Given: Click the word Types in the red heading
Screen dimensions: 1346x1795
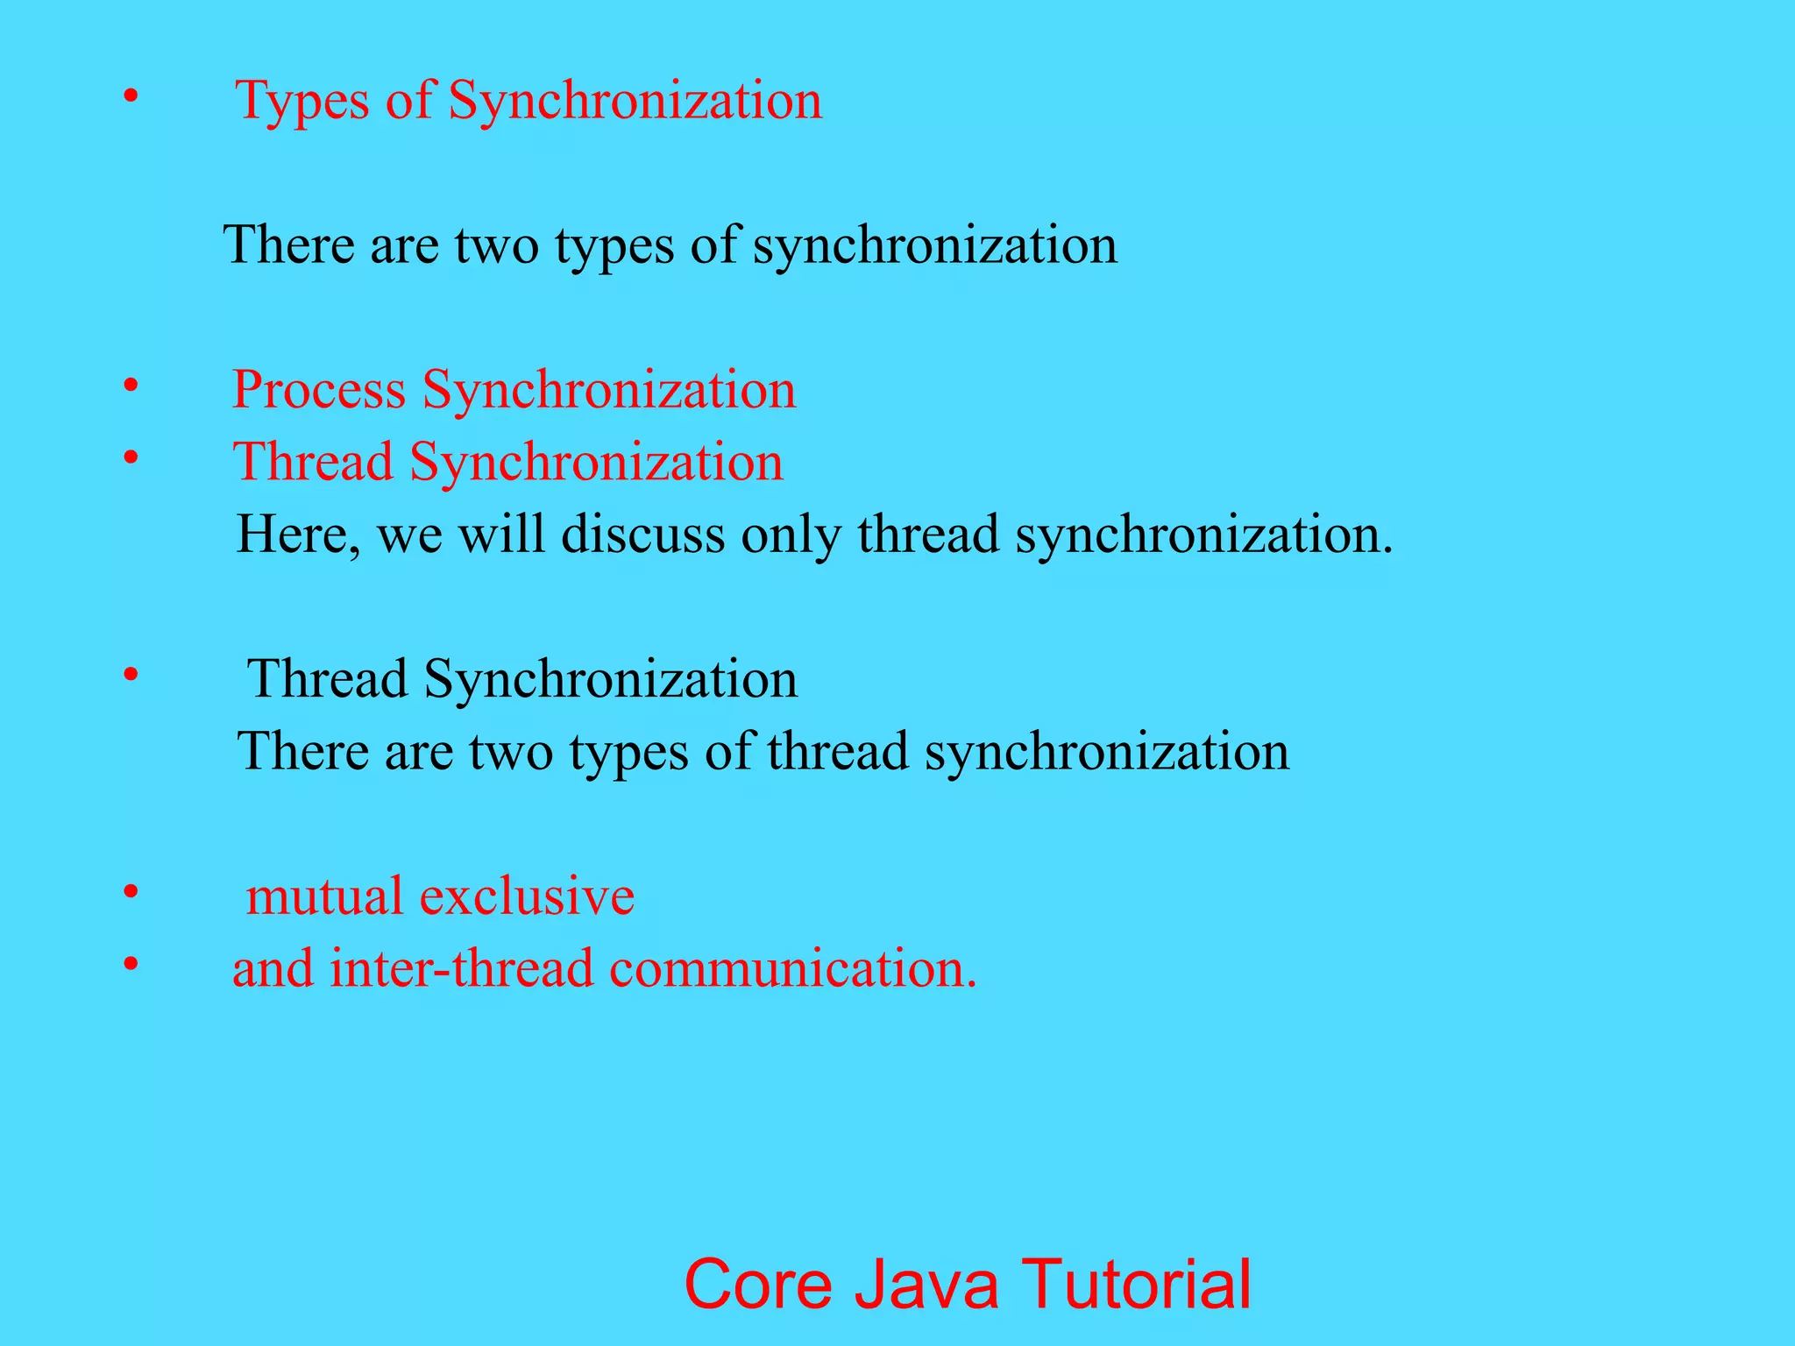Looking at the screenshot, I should (x=302, y=101).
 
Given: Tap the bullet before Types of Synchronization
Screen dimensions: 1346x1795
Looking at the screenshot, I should (x=131, y=97).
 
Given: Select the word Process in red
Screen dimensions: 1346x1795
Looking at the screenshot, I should (x=318, y=390).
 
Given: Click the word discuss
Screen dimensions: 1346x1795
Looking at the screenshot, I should (x=642, y=535).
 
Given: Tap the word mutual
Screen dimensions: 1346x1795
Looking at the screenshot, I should (x=324, y=896).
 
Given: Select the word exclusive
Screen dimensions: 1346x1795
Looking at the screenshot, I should (x=527, y=896).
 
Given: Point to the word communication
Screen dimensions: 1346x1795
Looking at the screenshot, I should (x=792, y=969).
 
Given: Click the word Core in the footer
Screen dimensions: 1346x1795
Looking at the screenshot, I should (x=757, y=1285).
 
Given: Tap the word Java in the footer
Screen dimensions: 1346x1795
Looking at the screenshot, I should (x=926, y=1285).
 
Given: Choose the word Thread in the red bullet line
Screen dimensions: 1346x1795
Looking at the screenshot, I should (x=313, y=463).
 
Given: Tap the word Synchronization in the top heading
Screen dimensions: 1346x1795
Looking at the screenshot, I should (x=635, y=101).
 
